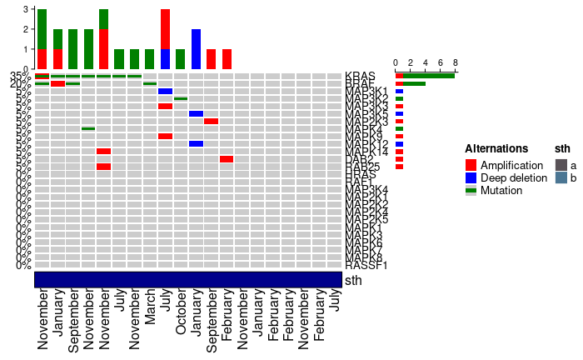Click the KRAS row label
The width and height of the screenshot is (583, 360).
tap(360, 76)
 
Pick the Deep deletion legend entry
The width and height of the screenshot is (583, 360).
tap(519, 177)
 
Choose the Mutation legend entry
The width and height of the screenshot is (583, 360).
tap(501, 190)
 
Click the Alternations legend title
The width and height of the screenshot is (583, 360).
tap(496, 149)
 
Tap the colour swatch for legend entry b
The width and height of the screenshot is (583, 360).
tap(561, 177)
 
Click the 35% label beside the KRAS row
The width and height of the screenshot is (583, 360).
tap(21, 76)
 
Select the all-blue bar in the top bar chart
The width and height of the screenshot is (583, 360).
tap(196, 48)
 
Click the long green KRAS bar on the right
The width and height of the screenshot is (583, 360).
tap(429, 76)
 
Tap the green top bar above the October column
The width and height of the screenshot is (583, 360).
tap(181, 58)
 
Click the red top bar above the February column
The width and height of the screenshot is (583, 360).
tap(227, 58)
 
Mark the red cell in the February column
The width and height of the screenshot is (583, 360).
tap(227, 158)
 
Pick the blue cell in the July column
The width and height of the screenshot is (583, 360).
tap(165, 91)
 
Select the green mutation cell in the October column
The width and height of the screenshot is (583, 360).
tap(181, 98)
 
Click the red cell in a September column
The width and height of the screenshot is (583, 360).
tap(212, 121)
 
